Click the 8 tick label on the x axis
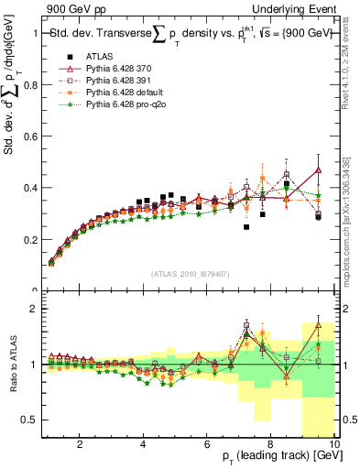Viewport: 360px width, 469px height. click(271, 445)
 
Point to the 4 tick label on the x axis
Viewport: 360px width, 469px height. click(143, 445)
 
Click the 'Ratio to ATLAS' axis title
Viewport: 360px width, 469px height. click(12, 365)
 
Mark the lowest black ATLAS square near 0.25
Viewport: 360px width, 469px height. click(246, 227)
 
